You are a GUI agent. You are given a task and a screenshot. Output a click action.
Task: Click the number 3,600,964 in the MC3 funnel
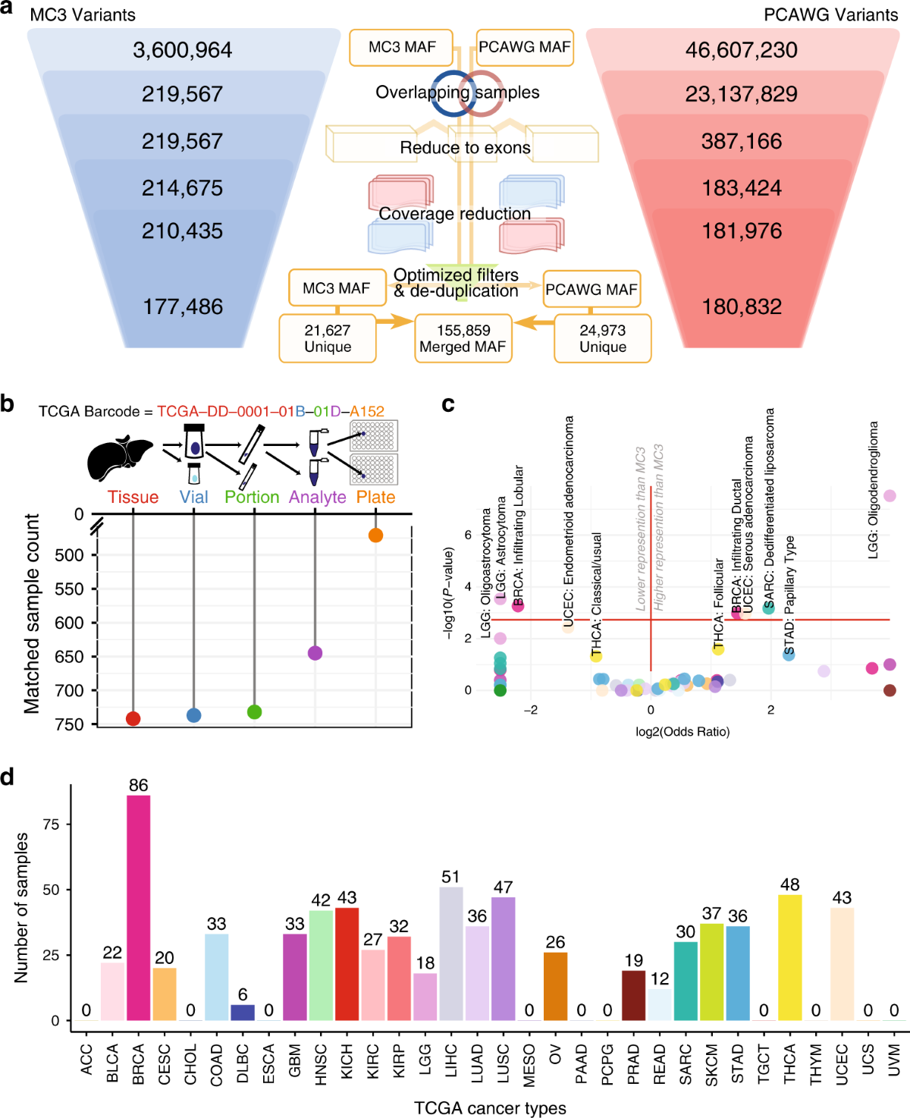click(x=182, y=50)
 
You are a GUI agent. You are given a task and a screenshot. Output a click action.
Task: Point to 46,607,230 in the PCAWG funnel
click(x=741, y=50)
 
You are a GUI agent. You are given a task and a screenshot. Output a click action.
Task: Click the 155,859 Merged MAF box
click(x=463, y=338)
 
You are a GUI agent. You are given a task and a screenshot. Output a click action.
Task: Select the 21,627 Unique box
click(x=328, y=338)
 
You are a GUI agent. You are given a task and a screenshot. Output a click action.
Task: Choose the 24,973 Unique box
click(x=603, y=338)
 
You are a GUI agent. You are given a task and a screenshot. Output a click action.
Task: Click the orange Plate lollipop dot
click(x=375, y=535)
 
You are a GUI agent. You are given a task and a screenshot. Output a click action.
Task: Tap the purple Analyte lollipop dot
click(x=315, y=653)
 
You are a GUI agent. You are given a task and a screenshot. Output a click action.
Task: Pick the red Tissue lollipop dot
click(x=133, y=718)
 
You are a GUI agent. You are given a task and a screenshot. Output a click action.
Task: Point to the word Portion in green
click(x=252, y=497)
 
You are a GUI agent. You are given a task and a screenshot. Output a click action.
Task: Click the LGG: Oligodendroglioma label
click(x=873, y=491)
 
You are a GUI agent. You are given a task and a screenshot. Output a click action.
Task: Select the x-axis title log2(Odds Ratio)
click(x=682, y=732)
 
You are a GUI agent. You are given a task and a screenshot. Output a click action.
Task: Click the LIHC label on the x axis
click(x=450, y=1060)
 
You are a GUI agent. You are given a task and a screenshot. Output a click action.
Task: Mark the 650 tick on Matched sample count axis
click(x=69, y=657)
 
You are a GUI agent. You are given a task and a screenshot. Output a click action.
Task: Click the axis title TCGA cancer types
click(x=490, y=1107)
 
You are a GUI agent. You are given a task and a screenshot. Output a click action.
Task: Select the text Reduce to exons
click(x=465, y=148)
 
